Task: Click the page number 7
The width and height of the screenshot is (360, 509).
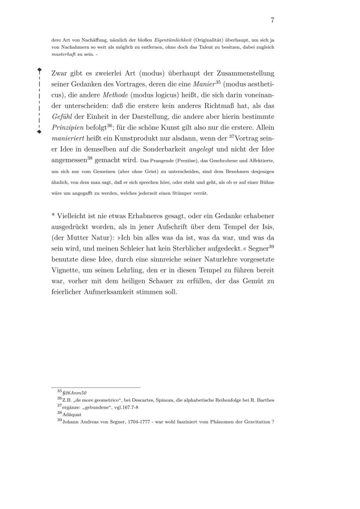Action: [273, 20]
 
